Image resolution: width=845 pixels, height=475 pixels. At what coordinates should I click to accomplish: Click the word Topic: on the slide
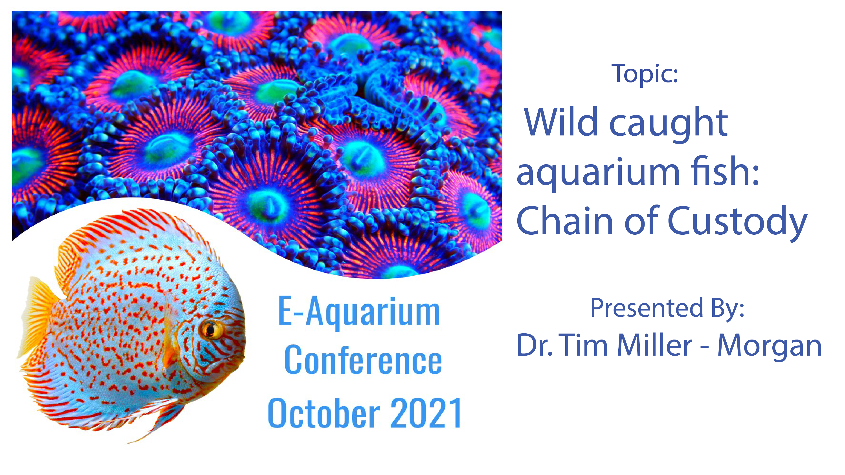(x=644, y=73)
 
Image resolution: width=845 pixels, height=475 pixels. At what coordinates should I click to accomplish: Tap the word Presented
(x=647, y=308)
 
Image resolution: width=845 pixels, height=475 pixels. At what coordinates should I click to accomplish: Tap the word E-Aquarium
(x=359, y=311)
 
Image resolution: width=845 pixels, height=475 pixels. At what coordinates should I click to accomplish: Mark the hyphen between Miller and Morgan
(x=705, y=347)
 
